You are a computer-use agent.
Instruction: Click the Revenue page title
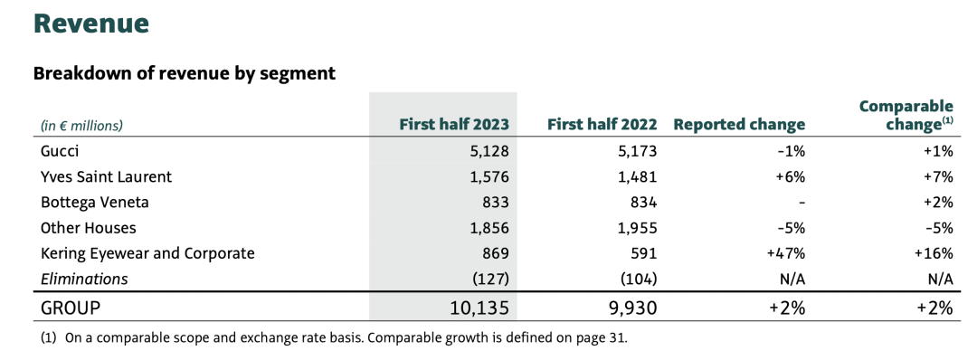(x=91, y=23)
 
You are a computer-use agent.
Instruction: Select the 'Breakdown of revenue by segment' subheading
(x=185, y=73)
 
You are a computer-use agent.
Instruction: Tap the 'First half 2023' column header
(x=454, y=125)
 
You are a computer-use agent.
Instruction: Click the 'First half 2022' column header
(x=602, y=125)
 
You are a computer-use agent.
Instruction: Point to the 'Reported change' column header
(x=739, y=125)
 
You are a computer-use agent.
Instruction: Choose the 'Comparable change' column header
(x=906, y=115)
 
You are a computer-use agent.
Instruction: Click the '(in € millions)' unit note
(x=81, y=125)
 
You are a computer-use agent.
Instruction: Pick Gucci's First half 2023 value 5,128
(x=489, y=151)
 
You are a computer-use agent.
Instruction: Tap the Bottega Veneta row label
(x=95, y=203)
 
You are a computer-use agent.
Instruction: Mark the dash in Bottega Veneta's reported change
(x=802, y=203)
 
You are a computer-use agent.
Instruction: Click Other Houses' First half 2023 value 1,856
(x=489, y=228)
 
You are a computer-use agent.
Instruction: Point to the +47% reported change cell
(x=788, y=254)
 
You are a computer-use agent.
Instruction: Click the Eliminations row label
(x=84, y=279)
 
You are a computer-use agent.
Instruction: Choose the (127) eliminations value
(x=491, y=279)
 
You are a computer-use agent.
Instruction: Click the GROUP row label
(x=71, y=308)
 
